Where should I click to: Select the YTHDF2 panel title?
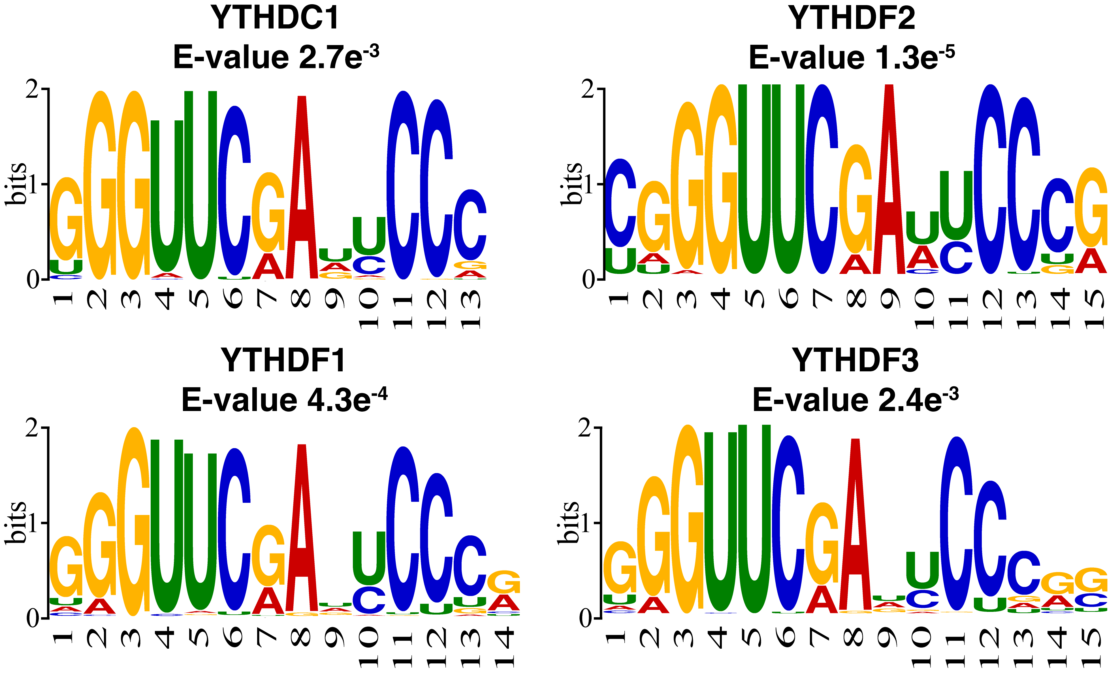851,18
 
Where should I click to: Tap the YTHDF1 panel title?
283,360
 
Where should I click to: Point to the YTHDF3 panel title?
855,360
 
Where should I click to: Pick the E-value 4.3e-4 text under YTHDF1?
284,400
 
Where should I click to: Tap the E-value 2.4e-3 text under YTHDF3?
855,400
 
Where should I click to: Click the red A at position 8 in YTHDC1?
302,191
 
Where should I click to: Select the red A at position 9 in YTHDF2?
889,182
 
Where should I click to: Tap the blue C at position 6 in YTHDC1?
234,191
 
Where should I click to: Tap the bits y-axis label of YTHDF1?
16,523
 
